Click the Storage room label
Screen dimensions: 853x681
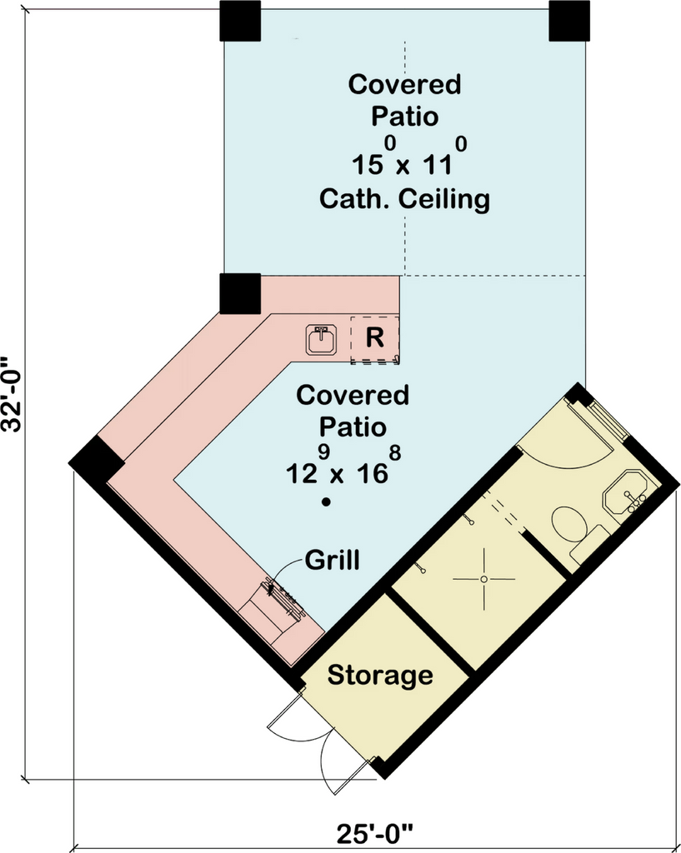click(x=380, y=675)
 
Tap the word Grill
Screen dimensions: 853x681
click(x=333, y=559)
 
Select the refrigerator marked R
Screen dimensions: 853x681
click(x=374, y=338)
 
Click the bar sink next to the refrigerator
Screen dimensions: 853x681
click(x=321, y=340)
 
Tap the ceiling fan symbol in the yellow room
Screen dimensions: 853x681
click(x=483, y=578)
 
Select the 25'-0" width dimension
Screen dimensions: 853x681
click(x=375, y=832)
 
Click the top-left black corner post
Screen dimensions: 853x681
click(x=240, y=21)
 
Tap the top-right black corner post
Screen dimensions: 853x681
click(x=569, y=21)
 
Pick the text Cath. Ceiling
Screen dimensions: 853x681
click(x=405, y=200)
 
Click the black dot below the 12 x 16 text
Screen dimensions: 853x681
click(x=328, y=502)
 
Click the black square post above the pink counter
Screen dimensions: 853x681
click(x=240, y=293)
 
